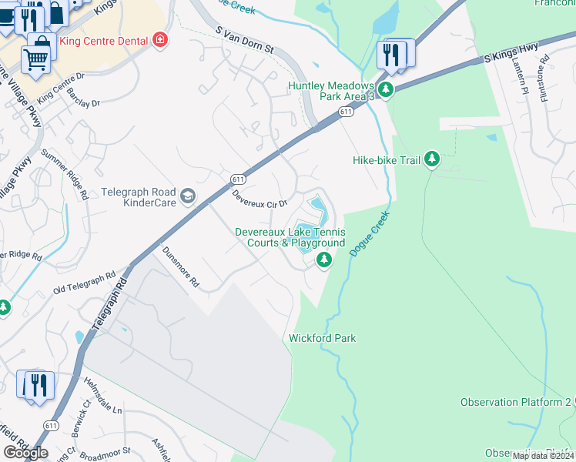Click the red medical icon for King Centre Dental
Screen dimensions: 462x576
coord(160,39)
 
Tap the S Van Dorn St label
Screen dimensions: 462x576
coord(244,39)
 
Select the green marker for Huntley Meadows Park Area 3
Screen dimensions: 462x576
coord(387,90)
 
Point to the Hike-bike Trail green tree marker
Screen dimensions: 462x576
coord(433,159)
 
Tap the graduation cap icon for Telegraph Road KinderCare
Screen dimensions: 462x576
coord(187,198)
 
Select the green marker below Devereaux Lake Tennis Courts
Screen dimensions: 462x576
coord(324,260)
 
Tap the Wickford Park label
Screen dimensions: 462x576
coord(322,338)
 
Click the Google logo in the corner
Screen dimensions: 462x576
coord(25,453)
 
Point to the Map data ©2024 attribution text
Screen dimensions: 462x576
coord(543,456)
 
